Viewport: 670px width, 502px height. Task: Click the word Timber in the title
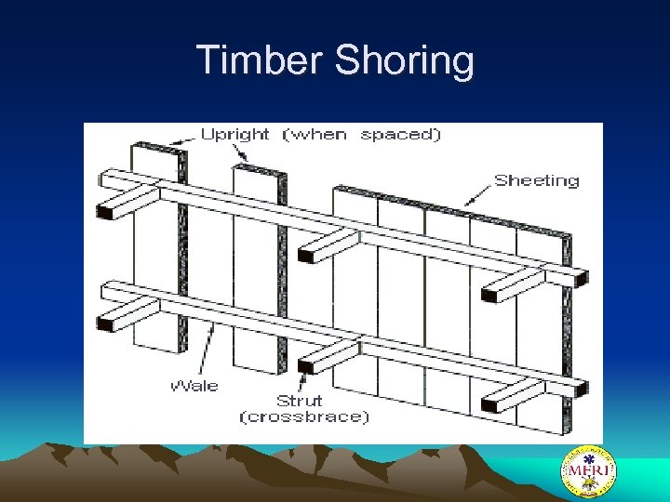[x=260, y=60]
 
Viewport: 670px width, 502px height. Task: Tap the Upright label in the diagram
[x=234, y=134]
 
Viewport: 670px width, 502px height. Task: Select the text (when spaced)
[x=361, y=134]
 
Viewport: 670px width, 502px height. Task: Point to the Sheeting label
[x=536, y=180]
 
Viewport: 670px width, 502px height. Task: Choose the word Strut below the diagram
[x=299, y=401]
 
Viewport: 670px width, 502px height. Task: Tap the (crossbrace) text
[x=304, y=417]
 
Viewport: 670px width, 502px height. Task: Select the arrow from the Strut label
[x=301, y=379]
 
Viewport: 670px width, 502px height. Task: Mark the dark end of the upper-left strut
[x=104, y=211]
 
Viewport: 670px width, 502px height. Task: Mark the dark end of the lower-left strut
[x=104, y=324]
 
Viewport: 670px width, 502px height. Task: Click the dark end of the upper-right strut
[x=489, y=296]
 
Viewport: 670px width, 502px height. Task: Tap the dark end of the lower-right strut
[x=489, y=405]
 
